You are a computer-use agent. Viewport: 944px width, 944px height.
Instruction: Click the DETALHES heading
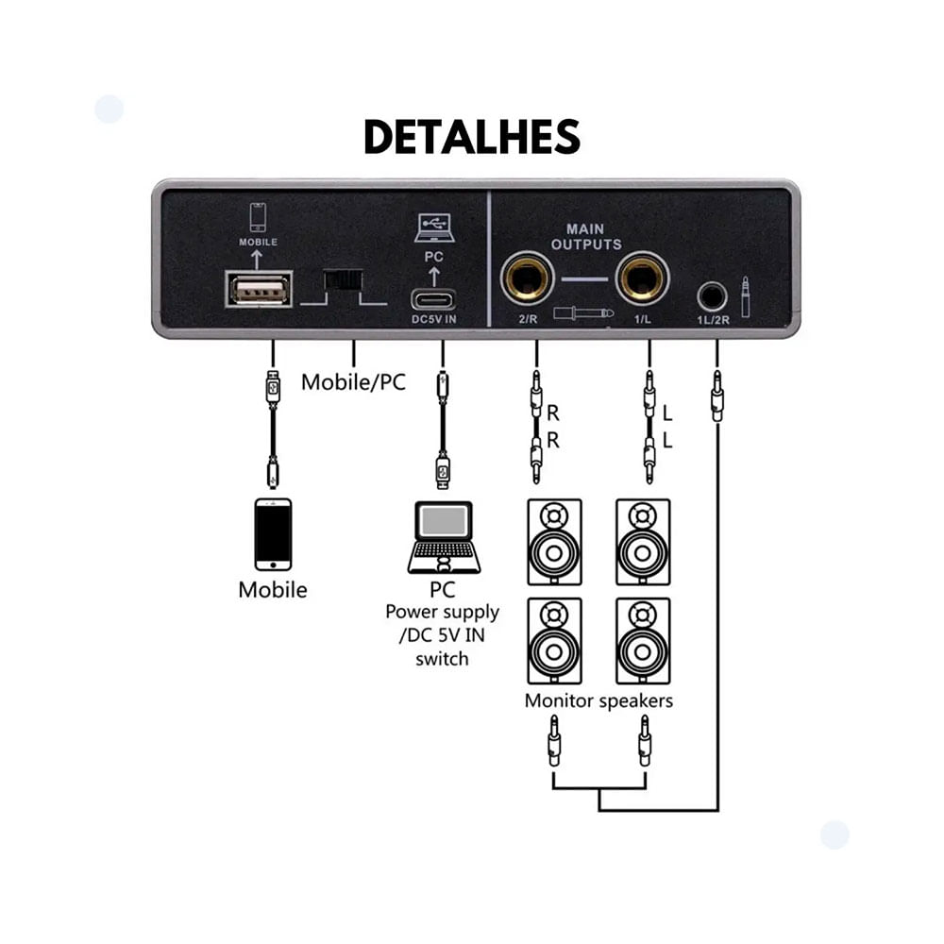pos(472,138)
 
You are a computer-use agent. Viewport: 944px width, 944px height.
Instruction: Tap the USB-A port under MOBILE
pos(259,289)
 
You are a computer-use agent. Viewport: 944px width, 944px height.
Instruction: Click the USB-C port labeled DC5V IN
pos(433,301)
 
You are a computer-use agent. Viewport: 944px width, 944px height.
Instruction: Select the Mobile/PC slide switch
pos(344,280)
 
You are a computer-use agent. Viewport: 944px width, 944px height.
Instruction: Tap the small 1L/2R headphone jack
pos(712,296)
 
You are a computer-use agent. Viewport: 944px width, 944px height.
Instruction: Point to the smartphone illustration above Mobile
pos(273,533)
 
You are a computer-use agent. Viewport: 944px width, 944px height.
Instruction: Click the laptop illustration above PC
pos(444,537)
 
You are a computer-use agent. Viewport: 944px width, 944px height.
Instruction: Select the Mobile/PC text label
pos(353,383)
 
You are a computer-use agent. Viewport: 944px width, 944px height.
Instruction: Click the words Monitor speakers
pos(598,700)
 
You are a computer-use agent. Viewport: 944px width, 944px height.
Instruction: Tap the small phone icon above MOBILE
pos(258,217)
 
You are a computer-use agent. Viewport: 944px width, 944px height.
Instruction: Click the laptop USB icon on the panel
pos(433,228)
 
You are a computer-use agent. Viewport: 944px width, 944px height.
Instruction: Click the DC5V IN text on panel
pos(433,320)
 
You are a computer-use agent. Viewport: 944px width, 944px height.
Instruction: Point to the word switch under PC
pos(442,658)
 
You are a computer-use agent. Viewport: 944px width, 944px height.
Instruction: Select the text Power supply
pos(442,612)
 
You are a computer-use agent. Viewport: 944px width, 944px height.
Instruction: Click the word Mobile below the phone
pos(273,590)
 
